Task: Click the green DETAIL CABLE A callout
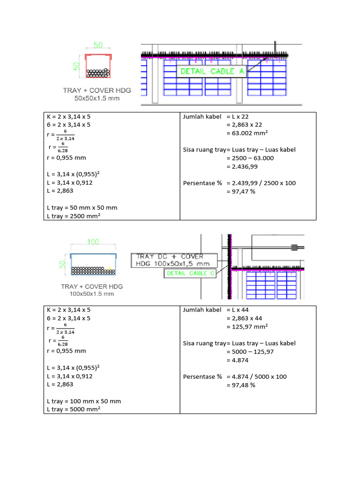click(x=211, y=71)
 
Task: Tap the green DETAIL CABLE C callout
click(x=190, y=273)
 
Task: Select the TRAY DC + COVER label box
click(x=174, y=260)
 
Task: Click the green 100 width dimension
click(x=93, y=242)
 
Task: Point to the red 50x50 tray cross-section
click(x=98, y=66)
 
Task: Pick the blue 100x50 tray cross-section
click(x=93, y=264)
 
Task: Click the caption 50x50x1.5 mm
click(x=97, y=98)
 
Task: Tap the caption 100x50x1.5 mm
click(x=91, y=294)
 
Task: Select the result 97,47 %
click(x=241, y=192)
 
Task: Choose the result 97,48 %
click(x=241, y=385)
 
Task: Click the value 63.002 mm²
click(x=247, y=133)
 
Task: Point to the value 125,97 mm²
click(x=247, y=327)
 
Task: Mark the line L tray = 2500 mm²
click(x=74, y=216)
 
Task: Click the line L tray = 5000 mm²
click(x=74, y=409)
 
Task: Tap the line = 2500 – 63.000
click(x=250, y=158)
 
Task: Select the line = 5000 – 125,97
click(x=250, y=352)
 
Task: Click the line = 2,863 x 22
click(x=244, y=125)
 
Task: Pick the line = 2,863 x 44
click(x=244, y=318)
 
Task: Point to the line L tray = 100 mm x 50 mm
click(x=84, y=401)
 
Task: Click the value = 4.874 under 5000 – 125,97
click(x=238, y=360)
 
